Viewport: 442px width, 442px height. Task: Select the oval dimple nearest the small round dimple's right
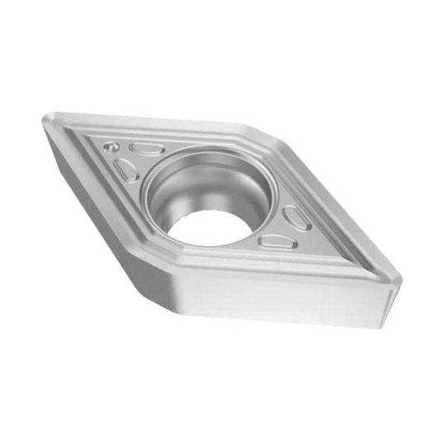tap(147, 149)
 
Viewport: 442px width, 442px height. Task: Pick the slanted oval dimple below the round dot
tap(126, 171)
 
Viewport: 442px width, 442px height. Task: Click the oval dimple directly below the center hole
tap(278, 241)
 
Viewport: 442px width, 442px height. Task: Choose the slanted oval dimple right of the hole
tap(296, 217)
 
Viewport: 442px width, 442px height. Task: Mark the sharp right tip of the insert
tap(399, 281)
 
